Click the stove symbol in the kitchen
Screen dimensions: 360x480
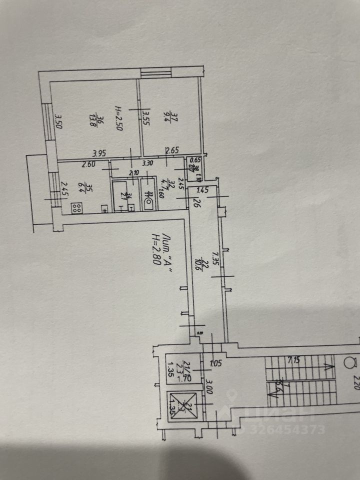pos(76,208)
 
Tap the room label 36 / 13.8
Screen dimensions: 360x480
pos(100,121)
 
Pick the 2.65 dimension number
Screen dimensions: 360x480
pos(172,149)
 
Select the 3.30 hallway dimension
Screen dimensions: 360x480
pos(147,163)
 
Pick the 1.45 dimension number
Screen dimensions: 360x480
pos(202,190)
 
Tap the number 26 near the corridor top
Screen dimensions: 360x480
pos(196,203)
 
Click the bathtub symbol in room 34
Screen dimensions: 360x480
pos(119,196)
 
